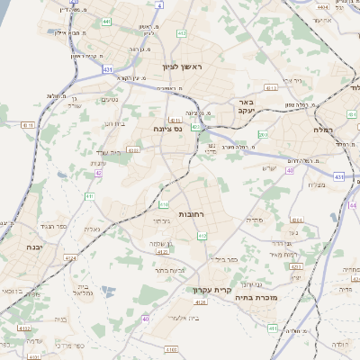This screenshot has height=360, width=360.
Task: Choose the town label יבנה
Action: (35, 246)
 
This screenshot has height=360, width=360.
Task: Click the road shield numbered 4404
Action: (322, 6)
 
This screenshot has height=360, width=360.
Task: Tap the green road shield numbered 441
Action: (106, 21)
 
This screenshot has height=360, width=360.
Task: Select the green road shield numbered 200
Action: (263, 135)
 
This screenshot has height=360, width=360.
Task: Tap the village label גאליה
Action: (92, 229)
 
